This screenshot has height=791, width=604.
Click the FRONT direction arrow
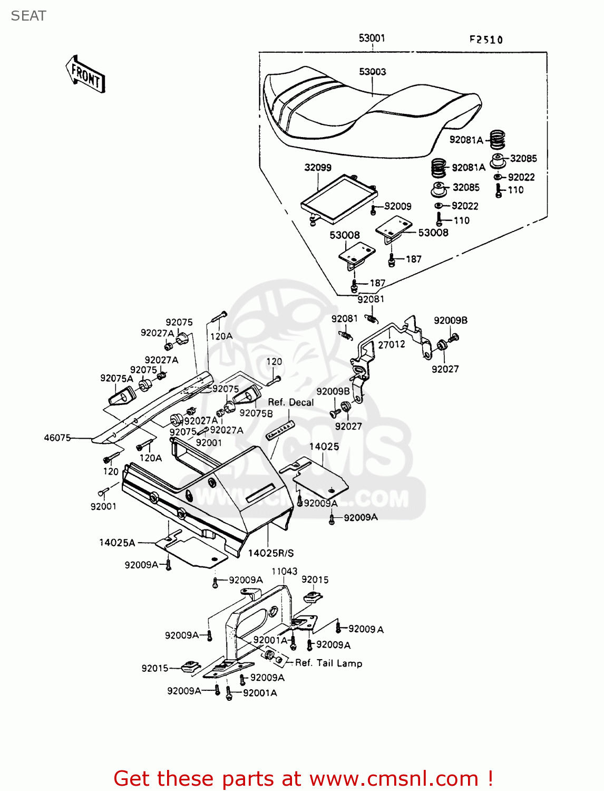click(85, 74)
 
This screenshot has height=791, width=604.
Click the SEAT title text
click(28, 16)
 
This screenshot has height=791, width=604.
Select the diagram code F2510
click(486, 40)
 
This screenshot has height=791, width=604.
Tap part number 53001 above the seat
click(372, 38)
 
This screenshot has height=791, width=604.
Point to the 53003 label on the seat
click(372, 72)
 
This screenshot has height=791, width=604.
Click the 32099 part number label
click(318, 168)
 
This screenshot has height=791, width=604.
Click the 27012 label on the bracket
click(392, 344)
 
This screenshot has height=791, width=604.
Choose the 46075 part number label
click(57, 437)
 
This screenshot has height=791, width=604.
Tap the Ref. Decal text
click(290, 402)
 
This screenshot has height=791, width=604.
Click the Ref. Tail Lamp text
click(328, 663)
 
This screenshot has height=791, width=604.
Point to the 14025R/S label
click(271, 553)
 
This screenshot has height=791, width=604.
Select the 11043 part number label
click(285, 571)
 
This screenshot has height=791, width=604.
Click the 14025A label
click(117, 543)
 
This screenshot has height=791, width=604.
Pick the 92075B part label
click(256, 413)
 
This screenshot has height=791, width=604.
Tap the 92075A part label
click(116, 378)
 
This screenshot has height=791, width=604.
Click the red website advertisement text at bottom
click(303, 778)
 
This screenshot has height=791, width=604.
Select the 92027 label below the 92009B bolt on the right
click(445, 369)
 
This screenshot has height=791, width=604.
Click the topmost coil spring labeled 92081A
click(497, 140)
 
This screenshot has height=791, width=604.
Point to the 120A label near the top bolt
click(221, 336)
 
